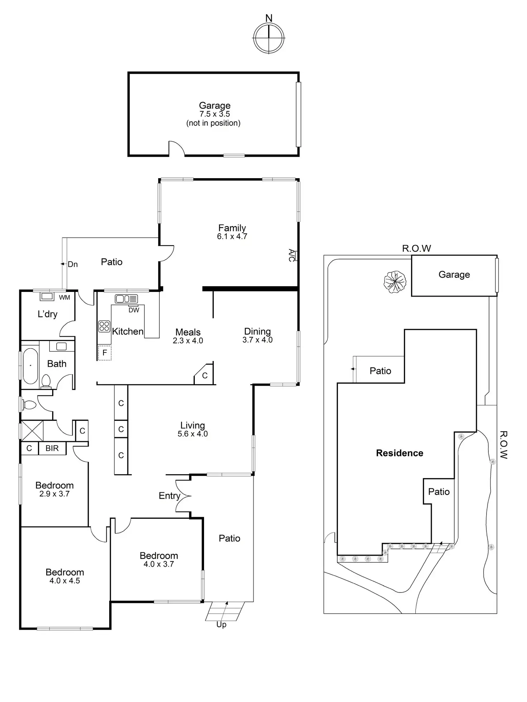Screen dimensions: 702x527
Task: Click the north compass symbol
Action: click(269, 38)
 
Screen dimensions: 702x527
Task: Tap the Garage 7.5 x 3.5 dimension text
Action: click(214, 114)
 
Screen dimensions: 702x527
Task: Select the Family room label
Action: click(232, 228)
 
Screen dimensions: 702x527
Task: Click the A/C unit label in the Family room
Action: click(292, 255)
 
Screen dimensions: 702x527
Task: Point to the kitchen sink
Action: click(126, 298)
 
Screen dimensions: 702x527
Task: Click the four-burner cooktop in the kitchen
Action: click(104, 326)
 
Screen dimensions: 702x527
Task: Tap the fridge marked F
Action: click(105, 353)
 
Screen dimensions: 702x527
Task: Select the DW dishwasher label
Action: click(134, 310)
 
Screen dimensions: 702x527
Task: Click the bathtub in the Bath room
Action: click(30, 366)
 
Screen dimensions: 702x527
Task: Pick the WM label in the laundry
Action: click(64, 297)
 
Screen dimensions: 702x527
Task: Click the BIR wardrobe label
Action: click(52, 448)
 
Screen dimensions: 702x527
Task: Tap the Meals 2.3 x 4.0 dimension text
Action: click(188, 341)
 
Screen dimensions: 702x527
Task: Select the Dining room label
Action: click(257, 331)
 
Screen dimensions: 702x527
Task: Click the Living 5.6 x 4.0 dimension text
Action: click(193, 434)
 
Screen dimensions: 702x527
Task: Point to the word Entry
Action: click(169, 496)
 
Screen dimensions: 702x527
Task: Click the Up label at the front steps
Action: click(221, 624)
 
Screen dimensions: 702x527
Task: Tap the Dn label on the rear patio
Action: click(73, 264)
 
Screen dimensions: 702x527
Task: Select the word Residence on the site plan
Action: click(400, 453)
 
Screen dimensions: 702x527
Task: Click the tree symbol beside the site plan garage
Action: click(395, 281)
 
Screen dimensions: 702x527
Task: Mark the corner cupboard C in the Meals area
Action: click(205, 375)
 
